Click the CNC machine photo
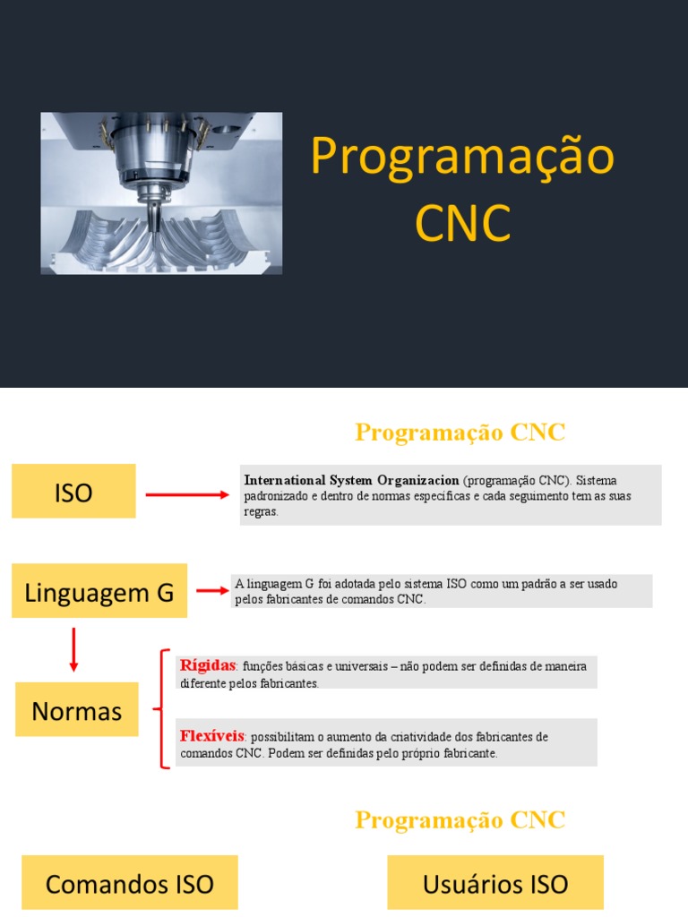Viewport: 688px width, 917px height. [161, 193]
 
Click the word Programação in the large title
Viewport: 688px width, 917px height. [462, 157]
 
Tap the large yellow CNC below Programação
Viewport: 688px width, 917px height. [462, 223]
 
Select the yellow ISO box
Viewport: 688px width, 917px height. [73, 491]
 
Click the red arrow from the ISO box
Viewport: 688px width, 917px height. [187, 493]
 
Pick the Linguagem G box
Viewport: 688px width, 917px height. [99, 591]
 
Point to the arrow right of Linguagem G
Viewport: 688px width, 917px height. [212, 590]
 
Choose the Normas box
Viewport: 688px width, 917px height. [77, 710]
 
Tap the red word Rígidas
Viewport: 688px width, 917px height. [208, 665]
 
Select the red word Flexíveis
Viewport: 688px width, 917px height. [212, 736]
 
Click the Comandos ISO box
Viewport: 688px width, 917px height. [130, 883]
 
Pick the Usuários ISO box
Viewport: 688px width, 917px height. [495, 883]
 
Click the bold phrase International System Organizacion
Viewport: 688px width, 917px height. [351, 481]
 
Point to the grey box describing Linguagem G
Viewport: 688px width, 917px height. [441, 591]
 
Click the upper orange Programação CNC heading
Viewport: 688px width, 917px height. [460, 433]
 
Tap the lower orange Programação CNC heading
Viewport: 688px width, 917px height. [460, 819]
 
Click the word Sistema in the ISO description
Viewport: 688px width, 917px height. [597, 481]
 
